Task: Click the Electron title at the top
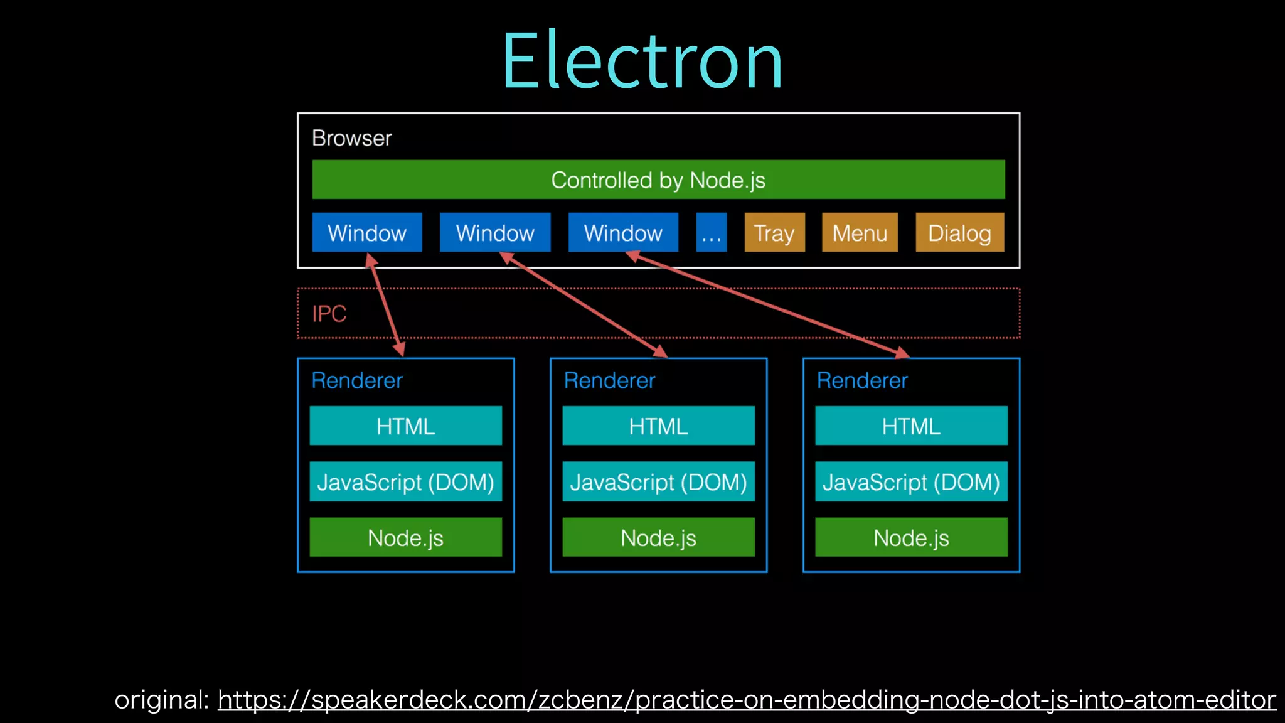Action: (x=642, y=61)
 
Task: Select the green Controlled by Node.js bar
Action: (x=658, y=179)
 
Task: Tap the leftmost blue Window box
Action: (x=367, y=232)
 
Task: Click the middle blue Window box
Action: (x=495, y=232)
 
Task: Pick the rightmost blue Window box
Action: (x=623, y=232)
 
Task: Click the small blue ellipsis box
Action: (x=712, y=232)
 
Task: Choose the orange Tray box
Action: (x=774, y=232)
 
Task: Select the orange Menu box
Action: (x=860, y=232)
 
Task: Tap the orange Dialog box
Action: (x=959, y=232)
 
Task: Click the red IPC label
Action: (x=329, y=314)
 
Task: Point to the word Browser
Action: (x=351, y=138)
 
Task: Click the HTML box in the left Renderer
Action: (x=405, y=426)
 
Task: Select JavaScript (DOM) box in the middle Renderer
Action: (x=658, y=481)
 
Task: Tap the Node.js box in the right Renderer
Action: (x=911, y=537)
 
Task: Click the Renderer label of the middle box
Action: (x=609, y=380)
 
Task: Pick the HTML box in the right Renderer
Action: (x=911, y=426)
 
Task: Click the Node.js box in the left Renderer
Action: (x=405, y=537)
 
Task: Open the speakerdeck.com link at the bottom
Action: (x=747, y=699)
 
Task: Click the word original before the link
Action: (x=161, y=700)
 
